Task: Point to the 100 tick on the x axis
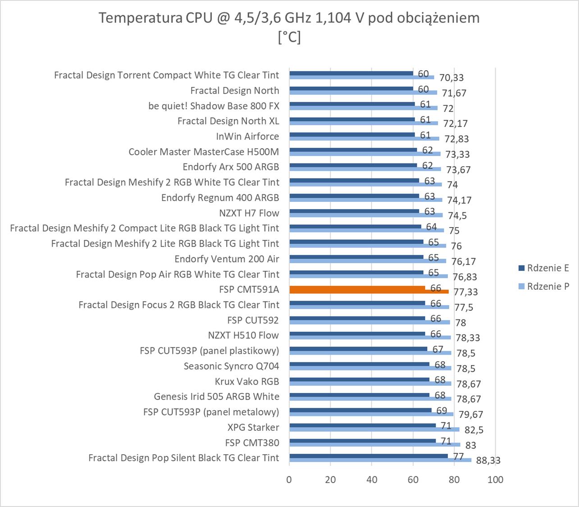496,480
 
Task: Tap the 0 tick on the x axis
289,480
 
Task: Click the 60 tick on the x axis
413,480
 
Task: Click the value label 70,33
451,78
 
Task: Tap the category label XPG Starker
253,427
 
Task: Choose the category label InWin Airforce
247,136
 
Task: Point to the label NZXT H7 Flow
249,213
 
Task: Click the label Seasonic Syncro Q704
231,366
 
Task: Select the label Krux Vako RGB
247,381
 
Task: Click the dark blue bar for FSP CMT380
363,440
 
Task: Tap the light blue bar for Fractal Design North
363,93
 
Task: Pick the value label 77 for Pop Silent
458,457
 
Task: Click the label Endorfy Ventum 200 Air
227,259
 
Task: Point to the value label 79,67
471,415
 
